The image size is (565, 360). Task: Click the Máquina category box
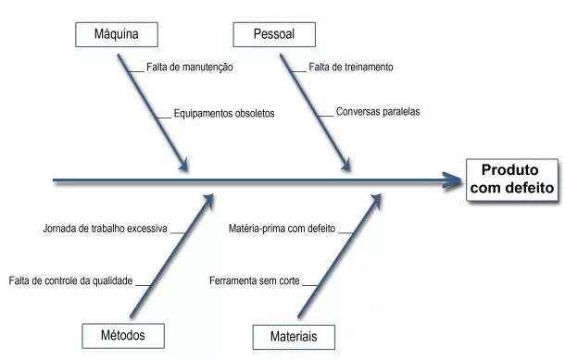pyautogui.click(x=117, y=35)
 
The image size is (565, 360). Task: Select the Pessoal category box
pyautogui.click(x=274, y=35)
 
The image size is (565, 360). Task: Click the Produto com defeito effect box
pyautogui.click(x=512, y=179)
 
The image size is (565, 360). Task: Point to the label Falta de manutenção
pyautogui.click(x=189, y=68)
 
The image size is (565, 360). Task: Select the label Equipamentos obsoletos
pyautogui.click(x=223, y=115)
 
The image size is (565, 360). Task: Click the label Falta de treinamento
pyautogui.click(x=350, y=68)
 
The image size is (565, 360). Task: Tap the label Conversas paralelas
pyautogui.click(x=378, y=112)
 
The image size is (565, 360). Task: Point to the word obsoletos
pyautogui.click(x=250, y=115)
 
